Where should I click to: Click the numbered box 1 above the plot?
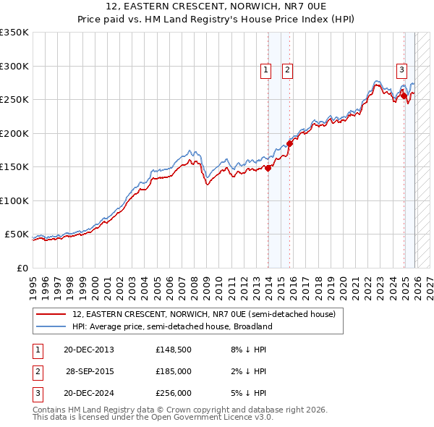click(x=265, y=70)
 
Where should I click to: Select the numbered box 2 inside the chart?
click(x=287, y=70)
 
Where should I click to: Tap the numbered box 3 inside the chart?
click(x=401, y=70)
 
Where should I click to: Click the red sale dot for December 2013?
click(x=268, y=168)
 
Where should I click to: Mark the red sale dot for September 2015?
click(x=289, y=143)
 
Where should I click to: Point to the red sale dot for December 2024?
click(x=404, y=96)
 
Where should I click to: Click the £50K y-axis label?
click(x=17, y=234)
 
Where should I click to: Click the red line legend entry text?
click(x=203, y=315)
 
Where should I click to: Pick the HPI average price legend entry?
click(x=171, y=326)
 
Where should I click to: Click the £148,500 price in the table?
click(x=173, y=350)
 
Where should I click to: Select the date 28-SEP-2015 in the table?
click(x=90, y=371)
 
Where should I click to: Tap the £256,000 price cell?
click(x=173, y=393)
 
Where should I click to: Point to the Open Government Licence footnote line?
click(x=153, y=418)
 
